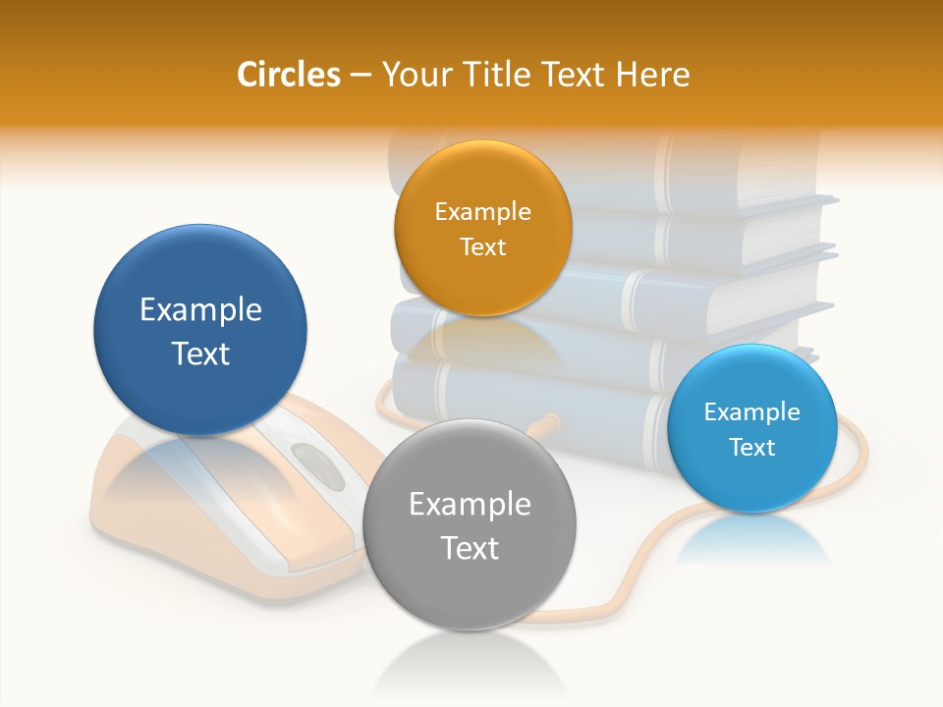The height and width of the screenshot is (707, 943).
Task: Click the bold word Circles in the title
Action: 288,75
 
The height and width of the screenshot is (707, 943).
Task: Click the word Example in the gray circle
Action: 470,505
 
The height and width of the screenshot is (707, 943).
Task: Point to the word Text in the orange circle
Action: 482,246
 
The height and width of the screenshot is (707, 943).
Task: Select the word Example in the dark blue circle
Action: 200,310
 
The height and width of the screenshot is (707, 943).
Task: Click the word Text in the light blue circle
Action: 752,448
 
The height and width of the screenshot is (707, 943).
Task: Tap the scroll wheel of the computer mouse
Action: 317,461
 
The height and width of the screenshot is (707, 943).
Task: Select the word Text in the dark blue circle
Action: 200,353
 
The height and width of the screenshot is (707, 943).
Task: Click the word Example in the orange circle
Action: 482,212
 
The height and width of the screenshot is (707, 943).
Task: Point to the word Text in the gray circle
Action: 470,548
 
